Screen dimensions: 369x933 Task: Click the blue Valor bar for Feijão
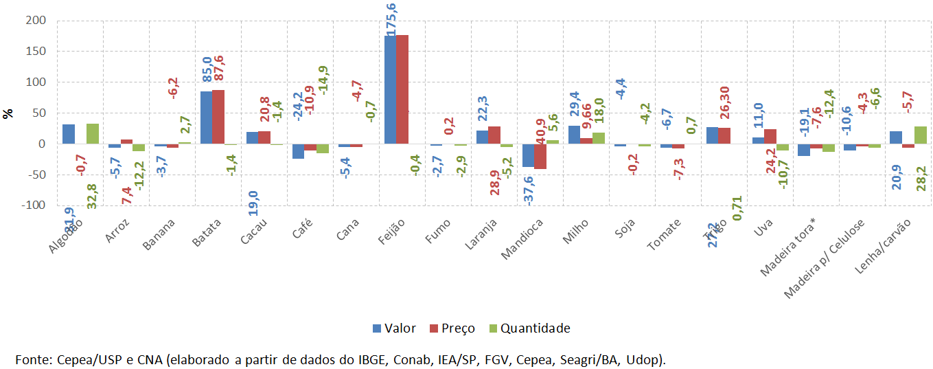(390, 90)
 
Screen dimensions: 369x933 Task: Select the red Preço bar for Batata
(218, 117)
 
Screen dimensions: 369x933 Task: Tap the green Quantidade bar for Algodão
(93, 134)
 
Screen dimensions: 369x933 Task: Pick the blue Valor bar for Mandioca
(528, 155)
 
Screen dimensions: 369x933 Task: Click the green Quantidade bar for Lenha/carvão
(920, 135)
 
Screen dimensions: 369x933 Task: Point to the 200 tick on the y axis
(36, 21)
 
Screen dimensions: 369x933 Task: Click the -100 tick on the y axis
(33, 205)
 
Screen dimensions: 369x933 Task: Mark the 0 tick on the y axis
(42, 144)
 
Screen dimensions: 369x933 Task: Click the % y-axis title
(8, 113)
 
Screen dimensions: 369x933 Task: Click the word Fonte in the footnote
(32, 359)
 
